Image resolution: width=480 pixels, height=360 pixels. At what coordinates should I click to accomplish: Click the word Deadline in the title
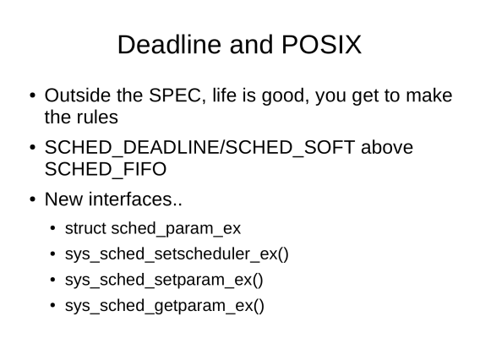click(169, 45)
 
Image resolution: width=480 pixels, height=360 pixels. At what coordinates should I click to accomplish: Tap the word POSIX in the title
click(321, 45)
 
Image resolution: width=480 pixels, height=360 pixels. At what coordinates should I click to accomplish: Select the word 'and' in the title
click(251, 45)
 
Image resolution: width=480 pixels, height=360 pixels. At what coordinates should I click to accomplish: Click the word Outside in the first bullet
click(78, 95)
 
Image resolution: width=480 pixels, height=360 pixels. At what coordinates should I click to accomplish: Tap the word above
click(387, 147)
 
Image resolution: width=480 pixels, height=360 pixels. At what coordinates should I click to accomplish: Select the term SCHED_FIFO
click(106, 169)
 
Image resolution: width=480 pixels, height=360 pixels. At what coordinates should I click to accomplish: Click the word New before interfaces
click(63, 199)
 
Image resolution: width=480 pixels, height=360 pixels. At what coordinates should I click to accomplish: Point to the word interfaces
click(135, 199)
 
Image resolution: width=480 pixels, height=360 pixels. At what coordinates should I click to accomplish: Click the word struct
click(85, 228)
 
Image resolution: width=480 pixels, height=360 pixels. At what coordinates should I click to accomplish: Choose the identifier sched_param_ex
click(176, 229)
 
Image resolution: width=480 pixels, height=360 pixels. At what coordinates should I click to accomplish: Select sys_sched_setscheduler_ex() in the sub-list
click(177, 254)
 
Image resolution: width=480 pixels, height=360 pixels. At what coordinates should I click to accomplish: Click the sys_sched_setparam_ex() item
click(164, 280)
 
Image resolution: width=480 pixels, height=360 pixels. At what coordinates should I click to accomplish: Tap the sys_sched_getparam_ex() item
click(165, 306)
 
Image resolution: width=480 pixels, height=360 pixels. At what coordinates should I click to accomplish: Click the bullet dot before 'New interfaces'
click(33, 199)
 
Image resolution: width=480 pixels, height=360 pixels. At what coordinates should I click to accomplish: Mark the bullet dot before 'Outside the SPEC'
click(33, 95)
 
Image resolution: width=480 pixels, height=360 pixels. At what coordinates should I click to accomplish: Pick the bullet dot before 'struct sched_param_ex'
click(52, 228)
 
